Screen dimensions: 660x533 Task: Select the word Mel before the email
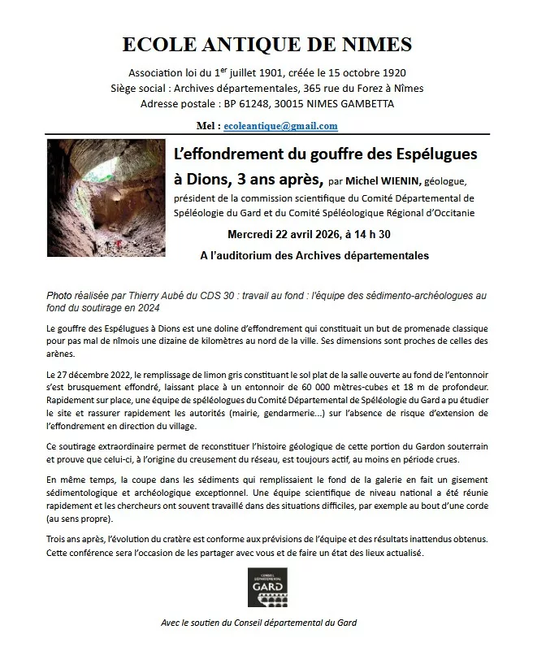coord(206,126)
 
